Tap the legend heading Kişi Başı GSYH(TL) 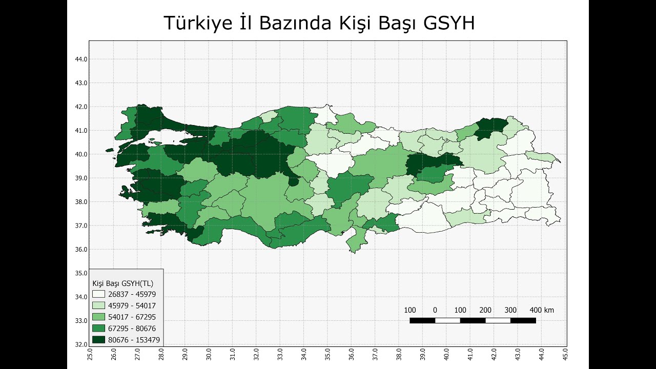122,283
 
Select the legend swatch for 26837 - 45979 98,294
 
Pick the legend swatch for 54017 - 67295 98,317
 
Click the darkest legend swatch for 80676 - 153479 98,339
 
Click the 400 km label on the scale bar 542,310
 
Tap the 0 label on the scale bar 435,310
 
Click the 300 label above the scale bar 510,310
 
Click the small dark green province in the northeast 489,128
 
